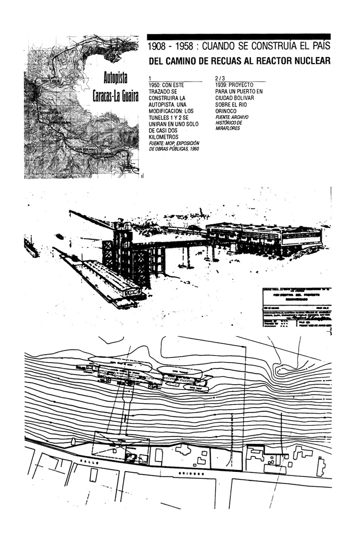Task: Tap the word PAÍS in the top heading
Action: click(x=320, y=47)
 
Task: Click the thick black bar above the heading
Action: click(x=239, y=36)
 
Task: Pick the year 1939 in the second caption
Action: click(x=223, y=85)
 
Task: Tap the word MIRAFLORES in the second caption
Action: click(x=228, y=128)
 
